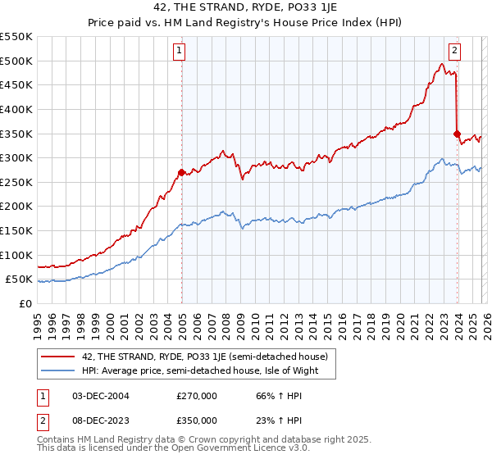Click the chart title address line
tap(245, 7)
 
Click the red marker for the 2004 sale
tap(181, 172)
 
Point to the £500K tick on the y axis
tap(16, 61)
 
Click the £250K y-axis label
tap(16, 182)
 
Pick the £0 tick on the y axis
tap(25, 303)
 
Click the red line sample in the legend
tap(58, 357)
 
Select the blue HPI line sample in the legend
tap(58, 370)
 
